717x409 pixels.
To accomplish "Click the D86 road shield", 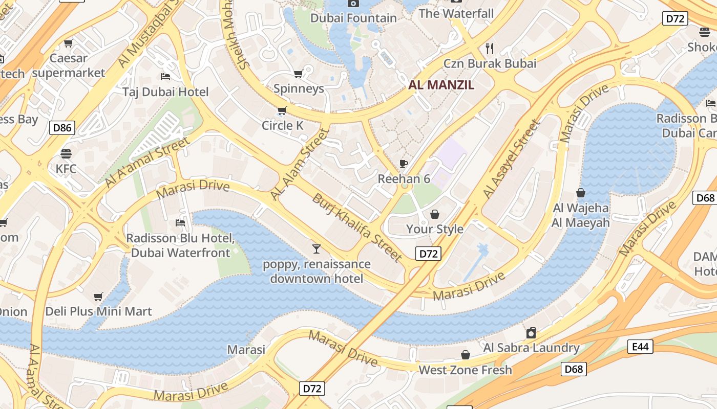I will [62, 127].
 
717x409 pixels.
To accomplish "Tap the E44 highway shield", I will [640, 347].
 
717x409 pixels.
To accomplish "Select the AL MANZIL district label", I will [441, 85].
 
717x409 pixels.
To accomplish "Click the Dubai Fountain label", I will [354, 18].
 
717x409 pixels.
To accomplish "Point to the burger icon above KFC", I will [66, 153].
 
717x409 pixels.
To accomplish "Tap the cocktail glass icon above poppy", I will [317, 249].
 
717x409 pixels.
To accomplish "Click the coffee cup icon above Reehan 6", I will [404, 164].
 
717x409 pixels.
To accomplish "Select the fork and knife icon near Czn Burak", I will [490, 49].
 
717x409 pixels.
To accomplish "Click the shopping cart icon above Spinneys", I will [299, 74].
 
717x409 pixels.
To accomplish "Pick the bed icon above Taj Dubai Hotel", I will [165, 77].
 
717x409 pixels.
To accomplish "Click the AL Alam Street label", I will [299, 164].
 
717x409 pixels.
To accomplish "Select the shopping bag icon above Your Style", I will [434, 214].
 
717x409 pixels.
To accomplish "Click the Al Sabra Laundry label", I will [532, 348].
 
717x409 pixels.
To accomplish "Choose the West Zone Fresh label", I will [465, 370].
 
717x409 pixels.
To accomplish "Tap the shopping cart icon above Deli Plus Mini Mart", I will [98, 297].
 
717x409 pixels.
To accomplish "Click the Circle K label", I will [283, 125].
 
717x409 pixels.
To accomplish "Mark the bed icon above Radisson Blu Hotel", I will [180, 223].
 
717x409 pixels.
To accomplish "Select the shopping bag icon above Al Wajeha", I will [581, 193].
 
